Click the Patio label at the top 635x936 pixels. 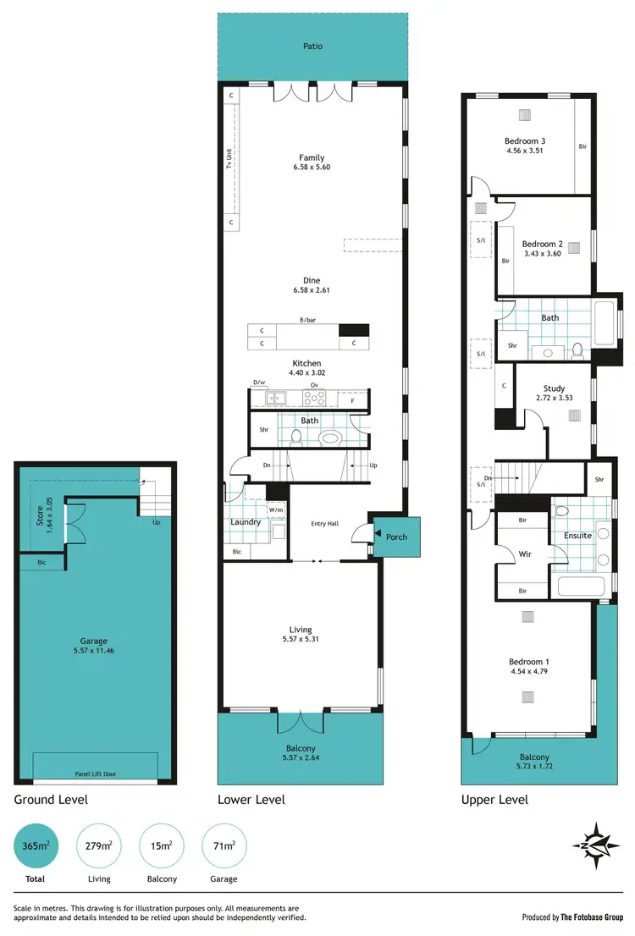[x=312, y=46]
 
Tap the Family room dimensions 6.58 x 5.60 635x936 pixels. [x=312, y=168]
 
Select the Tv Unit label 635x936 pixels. [x=229, y=159]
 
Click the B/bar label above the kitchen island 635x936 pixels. [x=306, y=319]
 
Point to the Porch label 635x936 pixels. [x=396, y=537]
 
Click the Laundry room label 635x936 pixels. [x=246, y=522]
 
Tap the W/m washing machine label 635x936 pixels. [x=276, y=510]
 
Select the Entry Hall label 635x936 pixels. [x=325, y=524]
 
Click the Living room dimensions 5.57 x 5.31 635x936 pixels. [x=301, y=640]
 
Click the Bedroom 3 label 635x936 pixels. [x=525, y=140]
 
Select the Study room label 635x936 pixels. [x=555, y=389]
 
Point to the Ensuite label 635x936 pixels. [x=577, y=536]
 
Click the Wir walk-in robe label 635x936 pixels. [x=524, y=555]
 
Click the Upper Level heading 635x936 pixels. [x=494, y=800]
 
